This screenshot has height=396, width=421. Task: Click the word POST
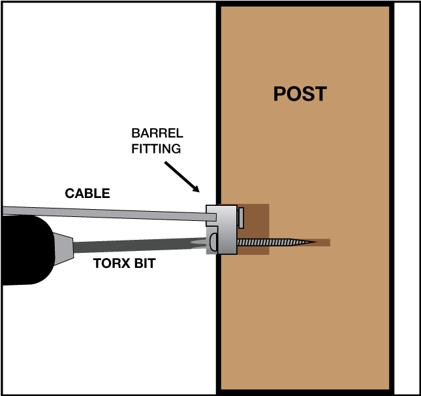pos(300,93)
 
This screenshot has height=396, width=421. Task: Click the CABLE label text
pos(87,193)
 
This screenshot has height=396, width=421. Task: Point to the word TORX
pos(110,264)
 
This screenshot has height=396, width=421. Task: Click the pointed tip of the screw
pos(313,242)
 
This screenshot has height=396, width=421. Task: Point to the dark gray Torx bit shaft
pos(131,246)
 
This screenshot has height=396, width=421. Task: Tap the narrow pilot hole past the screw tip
pos(324,242)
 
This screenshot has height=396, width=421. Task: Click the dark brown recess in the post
pos(258,216)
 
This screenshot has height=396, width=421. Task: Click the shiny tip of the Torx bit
pos(196,243)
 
